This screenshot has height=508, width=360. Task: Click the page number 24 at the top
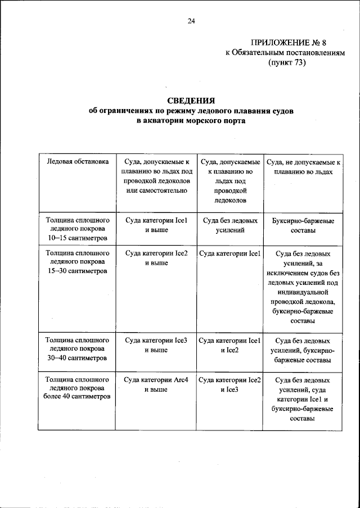pos(191,21)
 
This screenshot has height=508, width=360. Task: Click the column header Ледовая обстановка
pos(77,162)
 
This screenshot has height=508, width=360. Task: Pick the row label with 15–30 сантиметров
pos(77,262)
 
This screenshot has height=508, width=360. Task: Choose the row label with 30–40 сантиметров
pos(77,350)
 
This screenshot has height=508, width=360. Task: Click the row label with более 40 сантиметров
pos(77,389)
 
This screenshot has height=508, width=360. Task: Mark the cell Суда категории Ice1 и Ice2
pos(230,345)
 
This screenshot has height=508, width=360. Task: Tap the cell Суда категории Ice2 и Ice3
pos(230,384)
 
